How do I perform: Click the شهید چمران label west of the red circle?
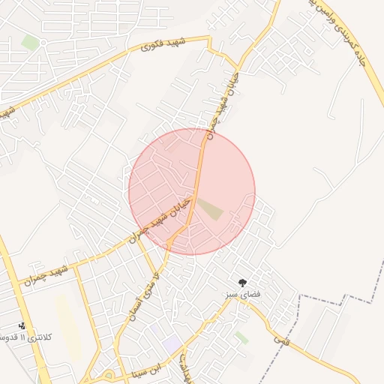pyautogui.click(x=45, y=274)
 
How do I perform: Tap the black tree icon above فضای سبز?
pyautogui.click(x=241, y=283)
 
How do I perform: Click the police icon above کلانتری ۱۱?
pyautogui.click(x=22, y=325)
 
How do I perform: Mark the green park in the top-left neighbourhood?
pyautogui.click(x=30, y=42)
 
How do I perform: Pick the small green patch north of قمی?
pyautogui.click(x=241, y=338)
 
